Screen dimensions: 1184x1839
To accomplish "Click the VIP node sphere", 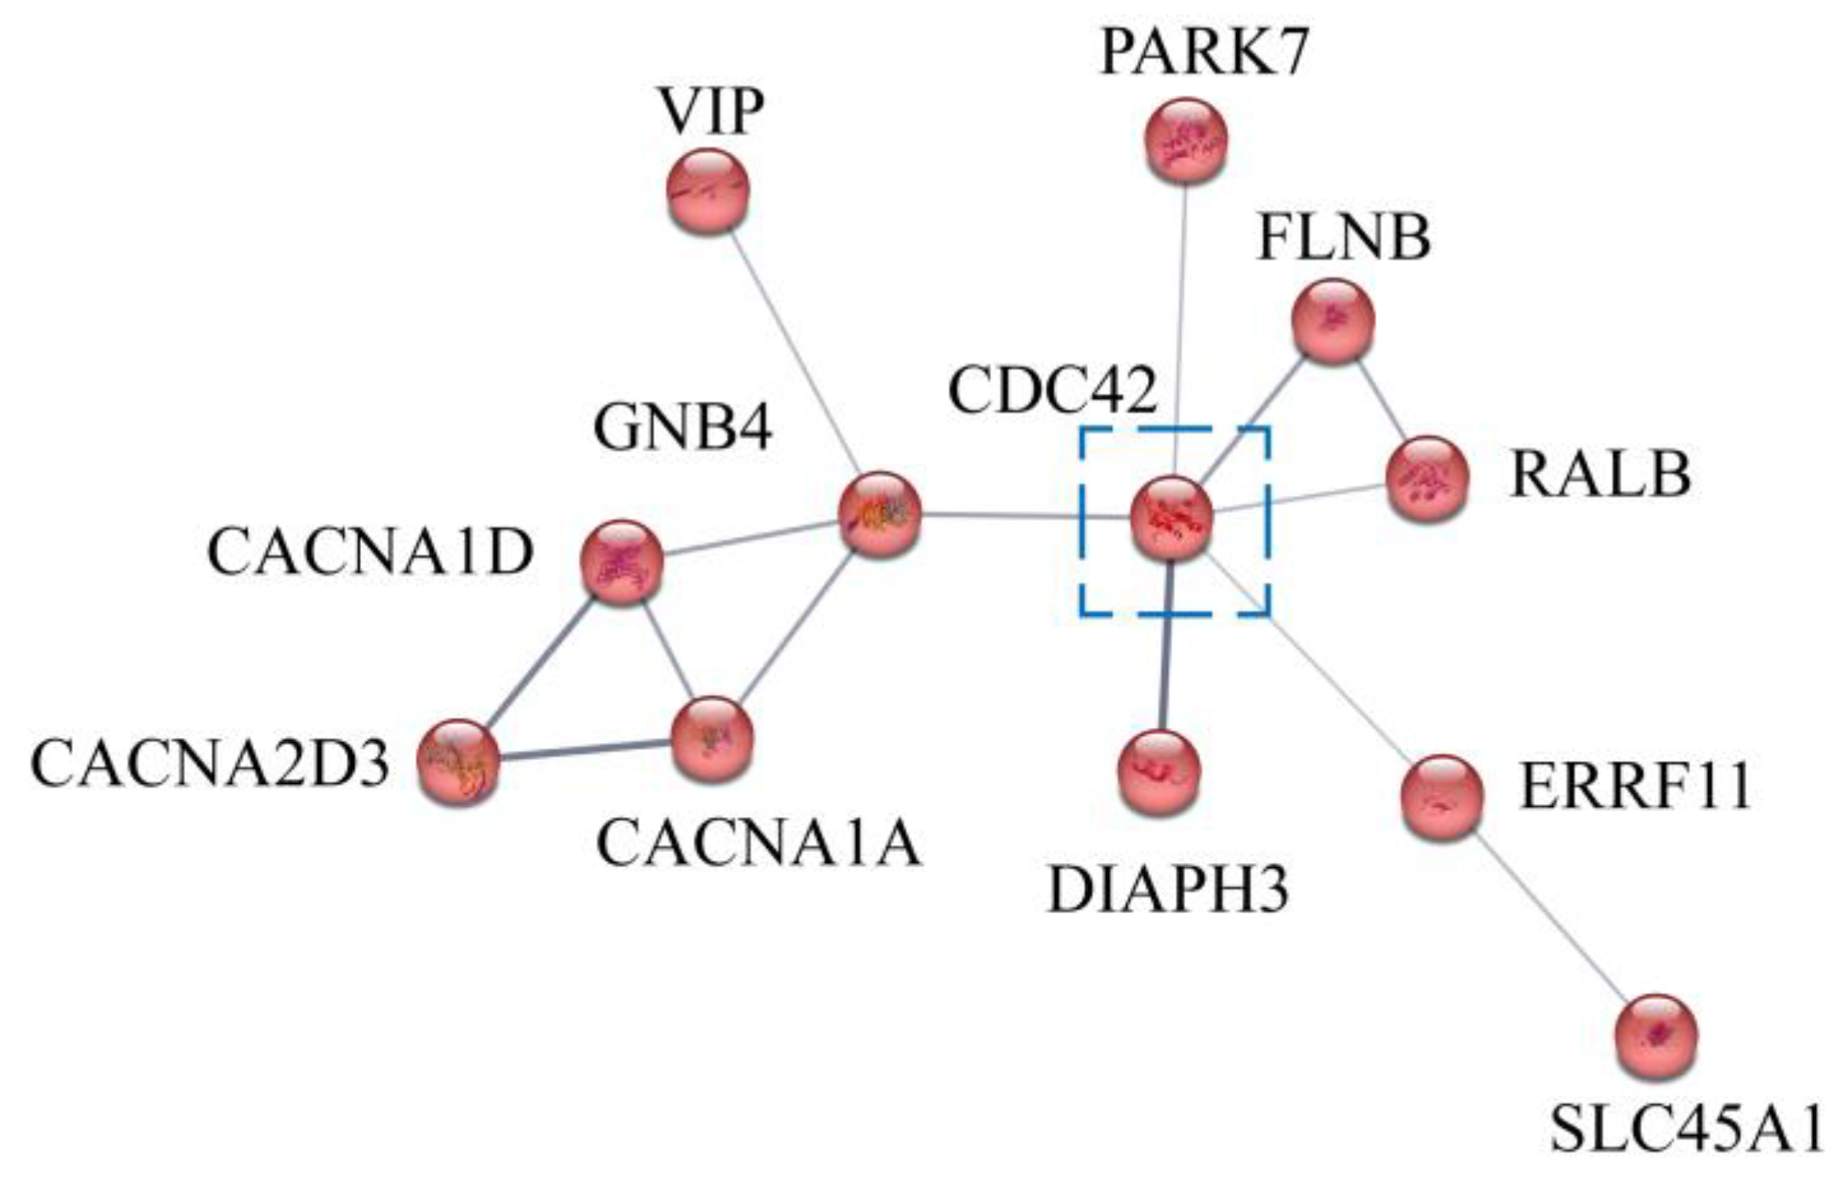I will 708,191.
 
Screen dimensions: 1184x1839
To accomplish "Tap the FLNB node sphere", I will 1332,322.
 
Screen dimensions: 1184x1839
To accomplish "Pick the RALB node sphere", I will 1427,479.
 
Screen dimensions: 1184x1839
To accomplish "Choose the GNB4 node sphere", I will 879,514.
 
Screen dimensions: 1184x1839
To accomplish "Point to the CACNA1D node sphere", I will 622,562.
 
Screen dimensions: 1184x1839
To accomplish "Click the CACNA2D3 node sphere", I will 459,763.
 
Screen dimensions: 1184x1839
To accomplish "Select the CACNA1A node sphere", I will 712,739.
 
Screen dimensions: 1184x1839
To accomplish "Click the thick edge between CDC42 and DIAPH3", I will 1167,646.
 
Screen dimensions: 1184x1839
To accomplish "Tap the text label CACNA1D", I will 370,553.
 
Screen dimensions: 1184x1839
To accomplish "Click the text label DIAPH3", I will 1168,890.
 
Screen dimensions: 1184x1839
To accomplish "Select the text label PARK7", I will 1204,53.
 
